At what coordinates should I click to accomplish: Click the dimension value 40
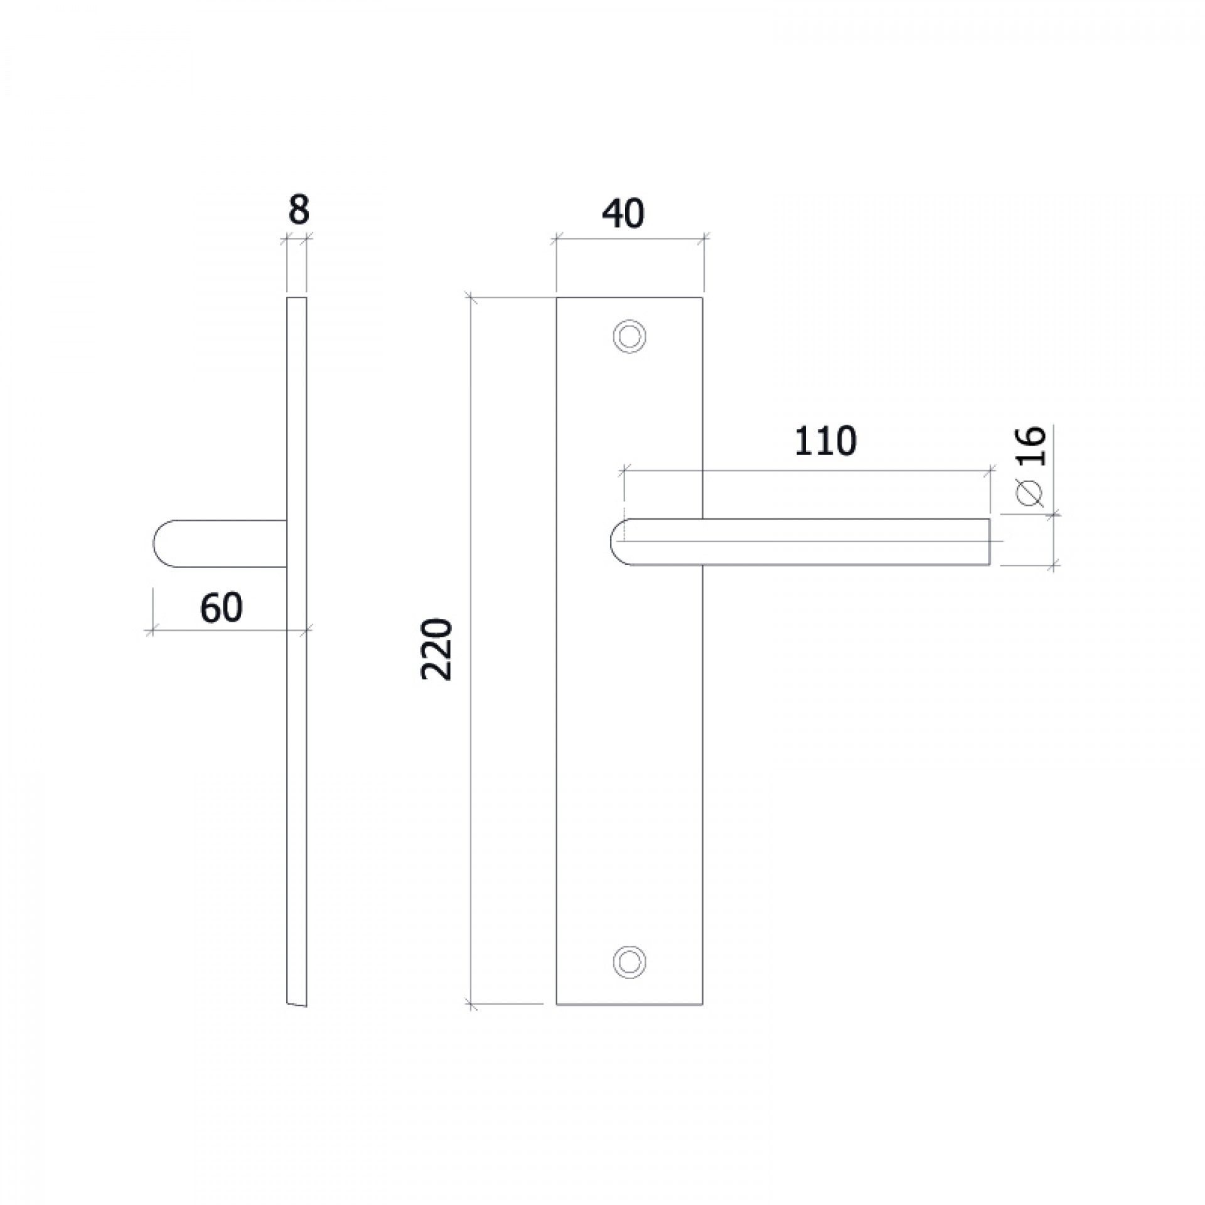[623, 215]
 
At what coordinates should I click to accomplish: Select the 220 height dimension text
[437, 650]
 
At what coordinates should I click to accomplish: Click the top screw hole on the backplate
[629, 336]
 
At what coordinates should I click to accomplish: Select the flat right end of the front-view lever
[990, 542]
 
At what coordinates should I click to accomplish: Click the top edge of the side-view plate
[297, 297]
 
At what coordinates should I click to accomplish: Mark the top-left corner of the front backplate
[557, 297]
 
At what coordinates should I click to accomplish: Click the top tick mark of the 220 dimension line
[471, 297]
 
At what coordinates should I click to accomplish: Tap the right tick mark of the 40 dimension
[703, 238]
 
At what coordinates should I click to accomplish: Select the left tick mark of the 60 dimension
[150, 629]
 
